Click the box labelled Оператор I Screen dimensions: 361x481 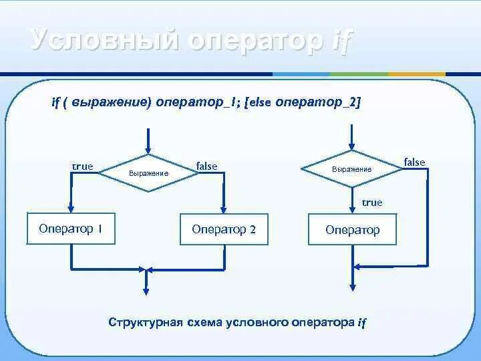coord(70,229)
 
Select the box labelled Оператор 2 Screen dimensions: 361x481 coord(224,229)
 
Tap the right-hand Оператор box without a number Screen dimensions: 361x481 coord(352,230)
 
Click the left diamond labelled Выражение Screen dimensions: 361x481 coord(147,172)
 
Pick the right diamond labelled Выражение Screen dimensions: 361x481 coord(351,169)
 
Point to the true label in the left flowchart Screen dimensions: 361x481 coord(82,166)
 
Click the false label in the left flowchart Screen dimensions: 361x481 coord(206,166)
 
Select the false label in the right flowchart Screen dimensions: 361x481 coord(414,162)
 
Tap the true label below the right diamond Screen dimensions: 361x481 coord(372,202)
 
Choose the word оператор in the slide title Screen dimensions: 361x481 coord(255,41)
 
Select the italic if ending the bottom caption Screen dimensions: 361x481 coord(361,322)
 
